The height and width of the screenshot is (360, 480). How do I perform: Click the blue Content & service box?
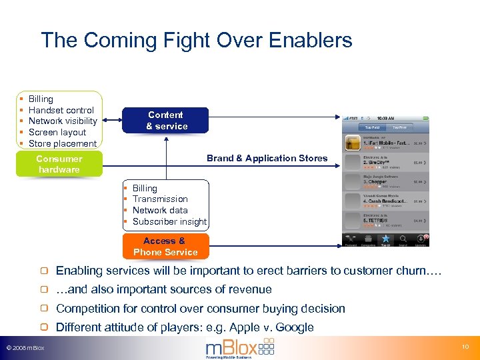point(166,121)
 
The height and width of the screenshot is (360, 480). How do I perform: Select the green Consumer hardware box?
point(59,164)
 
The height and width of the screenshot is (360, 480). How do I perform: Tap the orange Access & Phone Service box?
point(165,247)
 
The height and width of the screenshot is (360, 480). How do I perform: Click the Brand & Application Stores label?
point(267,158)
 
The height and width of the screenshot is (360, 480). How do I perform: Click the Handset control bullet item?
point(61,110)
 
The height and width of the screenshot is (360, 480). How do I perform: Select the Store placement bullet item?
point(63,143)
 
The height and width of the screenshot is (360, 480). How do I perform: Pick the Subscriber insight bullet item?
point(169,221)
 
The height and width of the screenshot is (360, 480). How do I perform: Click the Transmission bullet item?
point(160,199)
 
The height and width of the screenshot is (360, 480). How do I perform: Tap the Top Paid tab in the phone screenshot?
point(371,127)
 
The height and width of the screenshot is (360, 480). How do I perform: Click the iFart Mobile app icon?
point(352,143)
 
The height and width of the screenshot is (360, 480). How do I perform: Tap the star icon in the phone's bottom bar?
point(385,238)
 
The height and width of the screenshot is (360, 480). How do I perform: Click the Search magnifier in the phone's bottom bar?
point(403,238)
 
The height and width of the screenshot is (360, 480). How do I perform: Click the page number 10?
point(465,347)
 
